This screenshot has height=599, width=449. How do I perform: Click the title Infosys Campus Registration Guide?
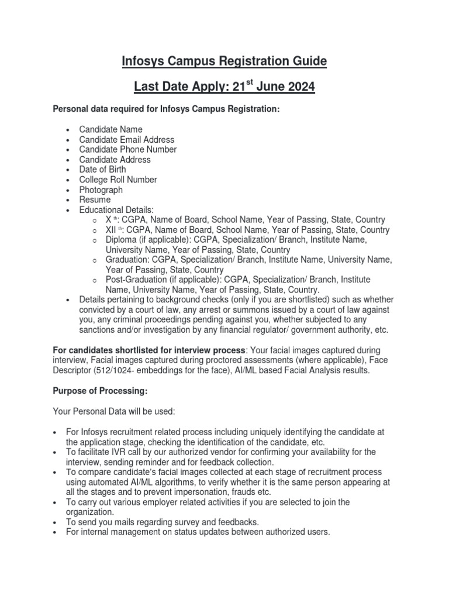224,61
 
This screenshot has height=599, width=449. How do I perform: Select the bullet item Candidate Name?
110,129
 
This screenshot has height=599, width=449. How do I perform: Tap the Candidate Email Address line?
126,140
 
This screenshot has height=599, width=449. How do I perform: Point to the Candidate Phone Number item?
127,150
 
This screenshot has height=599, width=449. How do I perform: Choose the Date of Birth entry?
102,170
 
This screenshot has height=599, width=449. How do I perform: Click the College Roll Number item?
118,180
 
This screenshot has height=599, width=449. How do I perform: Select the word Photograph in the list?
101,190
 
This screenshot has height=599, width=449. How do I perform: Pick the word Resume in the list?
95,199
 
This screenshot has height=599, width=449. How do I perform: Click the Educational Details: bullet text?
116,209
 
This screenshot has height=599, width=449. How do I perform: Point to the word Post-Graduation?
137,280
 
